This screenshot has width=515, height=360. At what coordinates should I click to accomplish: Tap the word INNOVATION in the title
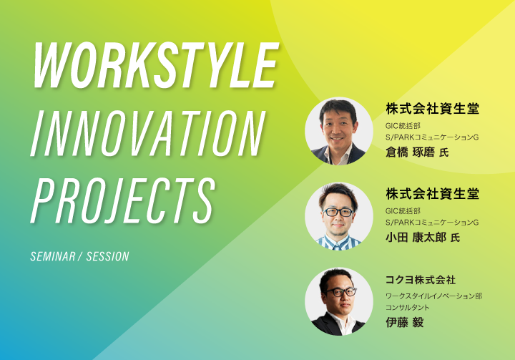click(x=148, y=133)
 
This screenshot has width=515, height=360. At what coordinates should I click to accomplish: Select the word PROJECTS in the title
click(x=123, y=201)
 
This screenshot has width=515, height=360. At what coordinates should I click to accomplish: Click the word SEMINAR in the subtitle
click(x=53, y=256)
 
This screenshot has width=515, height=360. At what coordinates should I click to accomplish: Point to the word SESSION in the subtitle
click(x=108, y=256)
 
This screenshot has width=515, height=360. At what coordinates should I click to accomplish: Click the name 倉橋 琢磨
click(x=411, y=152)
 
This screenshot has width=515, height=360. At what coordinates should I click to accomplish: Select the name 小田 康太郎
click(x=416, y=237)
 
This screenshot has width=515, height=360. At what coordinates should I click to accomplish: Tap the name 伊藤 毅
click(x=405, y=322)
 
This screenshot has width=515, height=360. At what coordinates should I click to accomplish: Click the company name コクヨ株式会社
click(x=421, y=280)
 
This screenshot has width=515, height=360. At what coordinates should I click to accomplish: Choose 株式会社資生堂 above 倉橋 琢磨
click(x=432, y=109)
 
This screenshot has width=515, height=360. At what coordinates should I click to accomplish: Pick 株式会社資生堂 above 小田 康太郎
click(x=432, y=194)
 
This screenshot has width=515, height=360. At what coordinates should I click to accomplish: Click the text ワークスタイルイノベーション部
click(x=434, y=296)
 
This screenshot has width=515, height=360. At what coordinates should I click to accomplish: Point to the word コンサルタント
click(x=408, y=308)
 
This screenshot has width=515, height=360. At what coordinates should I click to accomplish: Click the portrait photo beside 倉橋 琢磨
click(x=338, y=131)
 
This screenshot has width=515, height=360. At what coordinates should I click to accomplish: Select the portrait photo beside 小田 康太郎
click(x=338, y=216)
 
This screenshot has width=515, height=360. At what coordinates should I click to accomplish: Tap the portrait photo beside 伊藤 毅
click(x=338, y=301)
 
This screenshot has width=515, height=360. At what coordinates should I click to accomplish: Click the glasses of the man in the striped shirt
click(x=338, y=212)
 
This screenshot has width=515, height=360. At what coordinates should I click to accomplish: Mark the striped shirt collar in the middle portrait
click(x=338, y=243)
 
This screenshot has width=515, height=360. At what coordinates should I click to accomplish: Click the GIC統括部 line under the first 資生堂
click(x=403, y=125)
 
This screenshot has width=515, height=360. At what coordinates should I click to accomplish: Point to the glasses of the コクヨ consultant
click(x=340, y=291)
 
